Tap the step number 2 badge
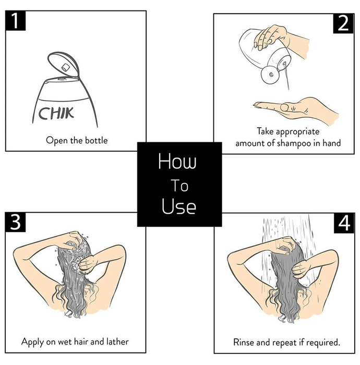(343, 23)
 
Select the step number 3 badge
(16, 223)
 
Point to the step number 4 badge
(343, 223)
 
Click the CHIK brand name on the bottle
(56, 112)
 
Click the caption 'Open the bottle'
(77, 140)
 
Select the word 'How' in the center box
(177, 162)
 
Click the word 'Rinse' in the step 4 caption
(244, 343)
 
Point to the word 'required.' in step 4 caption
(323, 343)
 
